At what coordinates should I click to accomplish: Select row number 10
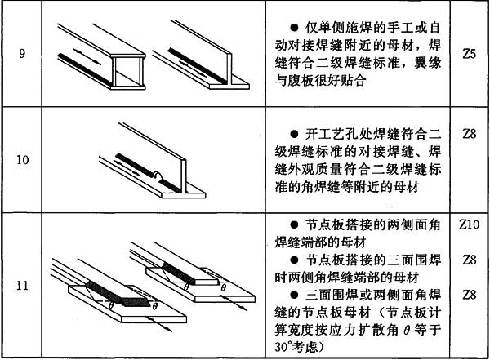tap(22, 158)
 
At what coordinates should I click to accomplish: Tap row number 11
tap(22, 286)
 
